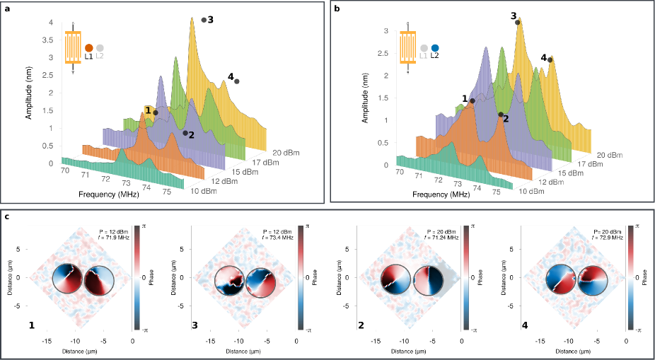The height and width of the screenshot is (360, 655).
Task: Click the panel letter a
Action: tap(6, 8)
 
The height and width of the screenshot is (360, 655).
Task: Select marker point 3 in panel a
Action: tap(204, 20)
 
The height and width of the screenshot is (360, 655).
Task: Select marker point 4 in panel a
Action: tap(237, 82)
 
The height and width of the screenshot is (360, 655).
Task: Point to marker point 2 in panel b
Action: tap(501, 115)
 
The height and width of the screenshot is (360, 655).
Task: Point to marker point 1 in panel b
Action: tap(472, 101)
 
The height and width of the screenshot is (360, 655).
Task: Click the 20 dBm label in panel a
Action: tap(285, 152)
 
